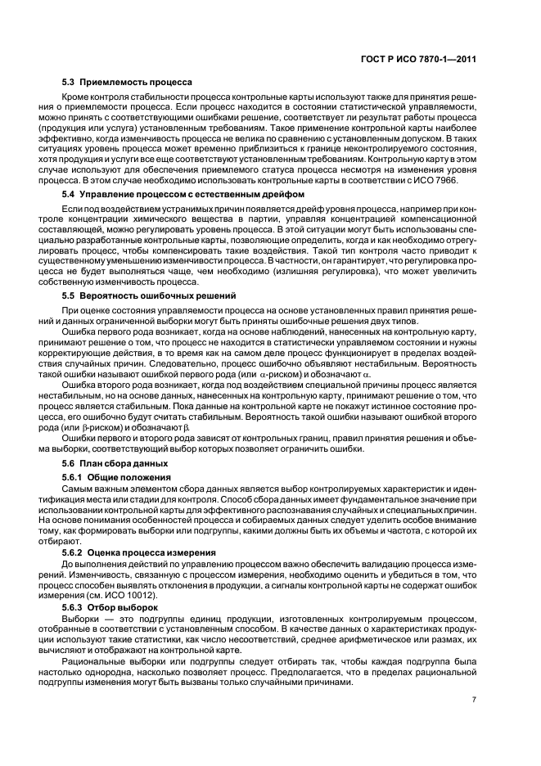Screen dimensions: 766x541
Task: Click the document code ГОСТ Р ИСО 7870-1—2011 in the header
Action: (x=431, y=58)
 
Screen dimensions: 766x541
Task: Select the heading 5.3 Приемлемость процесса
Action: (x=127, y=82)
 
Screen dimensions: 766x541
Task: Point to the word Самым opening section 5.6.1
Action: (x=78, y=488)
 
